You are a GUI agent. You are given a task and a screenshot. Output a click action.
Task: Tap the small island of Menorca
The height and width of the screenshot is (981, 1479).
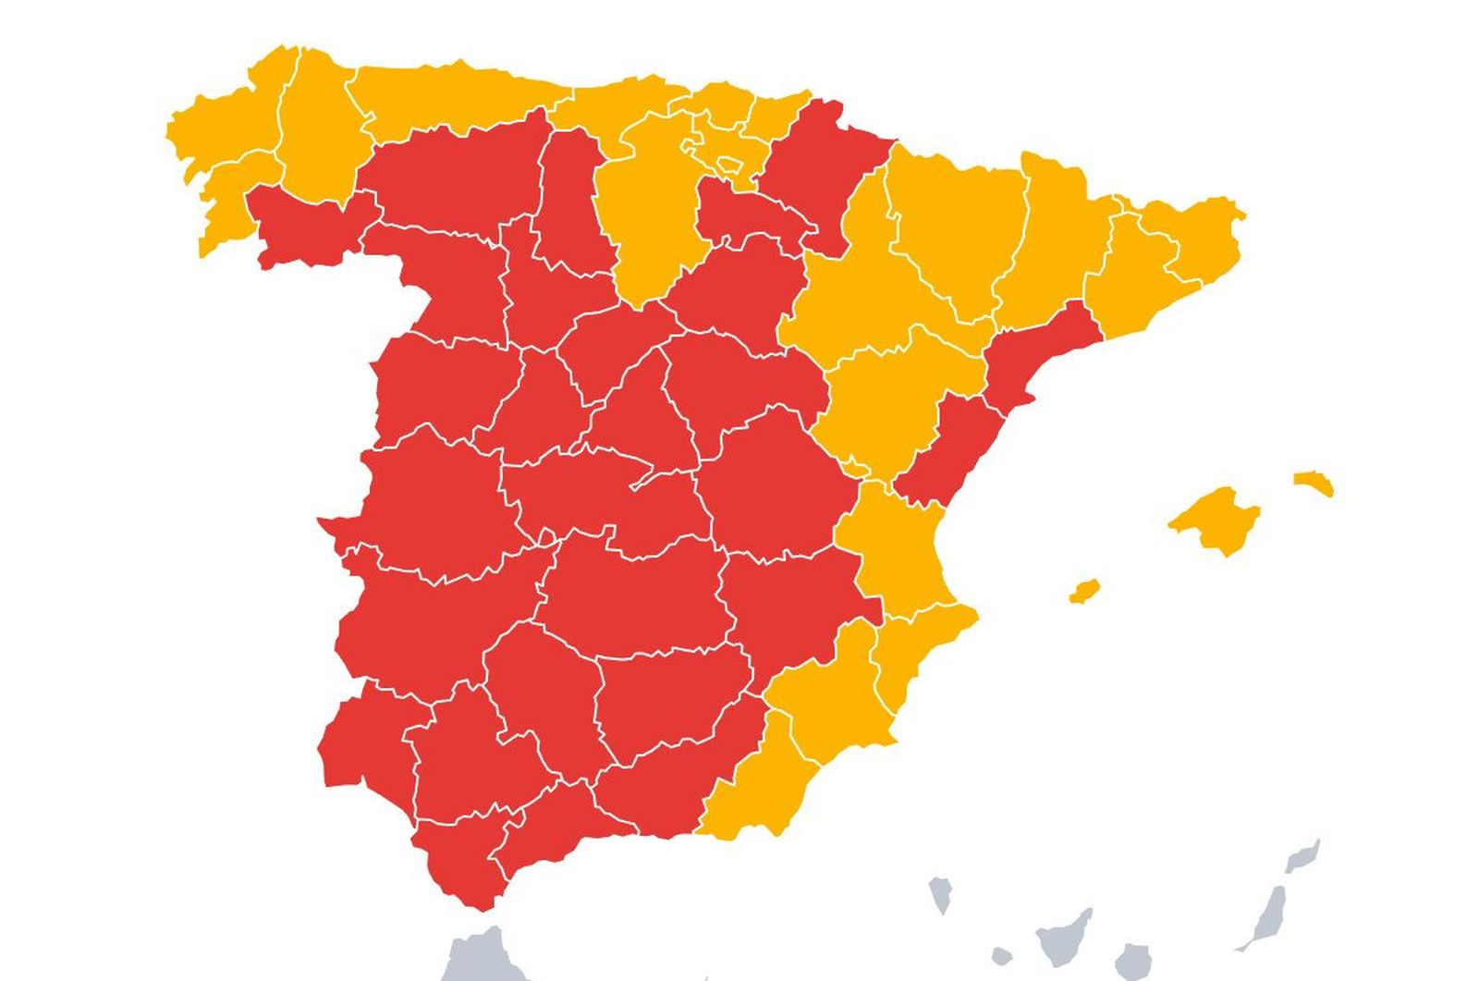pyautogui.click(x=1313, y=482)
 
